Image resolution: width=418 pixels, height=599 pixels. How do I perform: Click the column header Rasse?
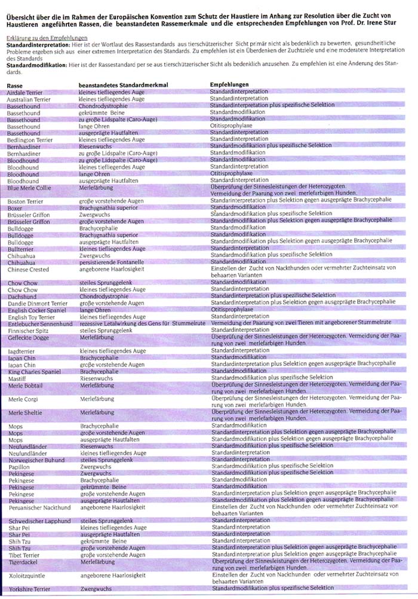16,86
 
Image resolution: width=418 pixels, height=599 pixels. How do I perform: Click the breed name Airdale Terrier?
24,93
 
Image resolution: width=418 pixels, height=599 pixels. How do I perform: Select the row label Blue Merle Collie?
29,188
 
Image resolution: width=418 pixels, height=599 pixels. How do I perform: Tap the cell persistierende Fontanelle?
113,261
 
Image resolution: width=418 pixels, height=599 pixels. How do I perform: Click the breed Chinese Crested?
28,268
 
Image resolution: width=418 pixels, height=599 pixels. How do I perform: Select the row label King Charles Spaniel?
35,371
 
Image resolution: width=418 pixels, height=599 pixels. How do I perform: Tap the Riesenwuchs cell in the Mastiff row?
96,377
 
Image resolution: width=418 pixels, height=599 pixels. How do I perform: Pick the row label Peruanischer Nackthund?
38,507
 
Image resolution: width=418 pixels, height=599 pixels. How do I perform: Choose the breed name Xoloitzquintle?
27,574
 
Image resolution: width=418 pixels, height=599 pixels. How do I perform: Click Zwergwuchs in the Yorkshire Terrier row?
96,588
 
